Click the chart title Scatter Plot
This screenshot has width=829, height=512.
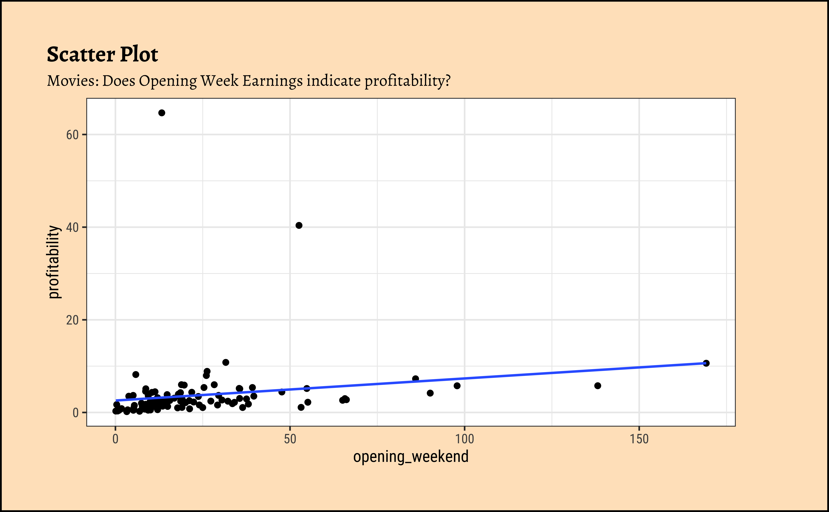coord(102,54)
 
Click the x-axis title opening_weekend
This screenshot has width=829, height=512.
coord(411,457)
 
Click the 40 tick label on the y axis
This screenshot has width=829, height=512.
coord(72,227)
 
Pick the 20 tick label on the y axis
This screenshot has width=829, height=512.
coord(72,320)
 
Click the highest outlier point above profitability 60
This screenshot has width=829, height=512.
coord(162,113)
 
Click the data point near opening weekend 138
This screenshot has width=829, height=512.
coord(598,386)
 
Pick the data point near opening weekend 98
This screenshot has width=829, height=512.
coord(457,386)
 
